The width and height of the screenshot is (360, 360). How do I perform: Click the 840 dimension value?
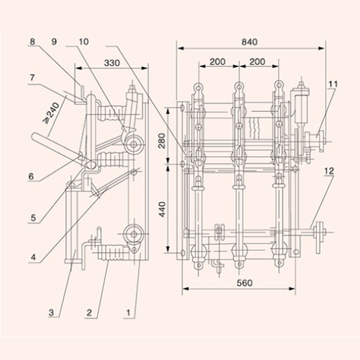click(249, 42)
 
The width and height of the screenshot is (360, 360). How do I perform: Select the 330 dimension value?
click(112, 63)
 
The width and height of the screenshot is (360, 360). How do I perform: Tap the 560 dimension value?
click(244, 283)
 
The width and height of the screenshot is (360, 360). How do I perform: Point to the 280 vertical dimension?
click(162, 141)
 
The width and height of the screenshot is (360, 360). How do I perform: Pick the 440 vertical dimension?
click(162, 209)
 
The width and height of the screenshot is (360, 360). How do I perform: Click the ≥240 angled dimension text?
click(51, 113)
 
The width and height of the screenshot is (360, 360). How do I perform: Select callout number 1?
click(128, 313)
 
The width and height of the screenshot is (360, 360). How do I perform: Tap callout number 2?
click(89, 313)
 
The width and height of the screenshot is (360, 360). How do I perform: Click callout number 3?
click(51, 313)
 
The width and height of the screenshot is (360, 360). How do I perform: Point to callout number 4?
click(33, 257)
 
